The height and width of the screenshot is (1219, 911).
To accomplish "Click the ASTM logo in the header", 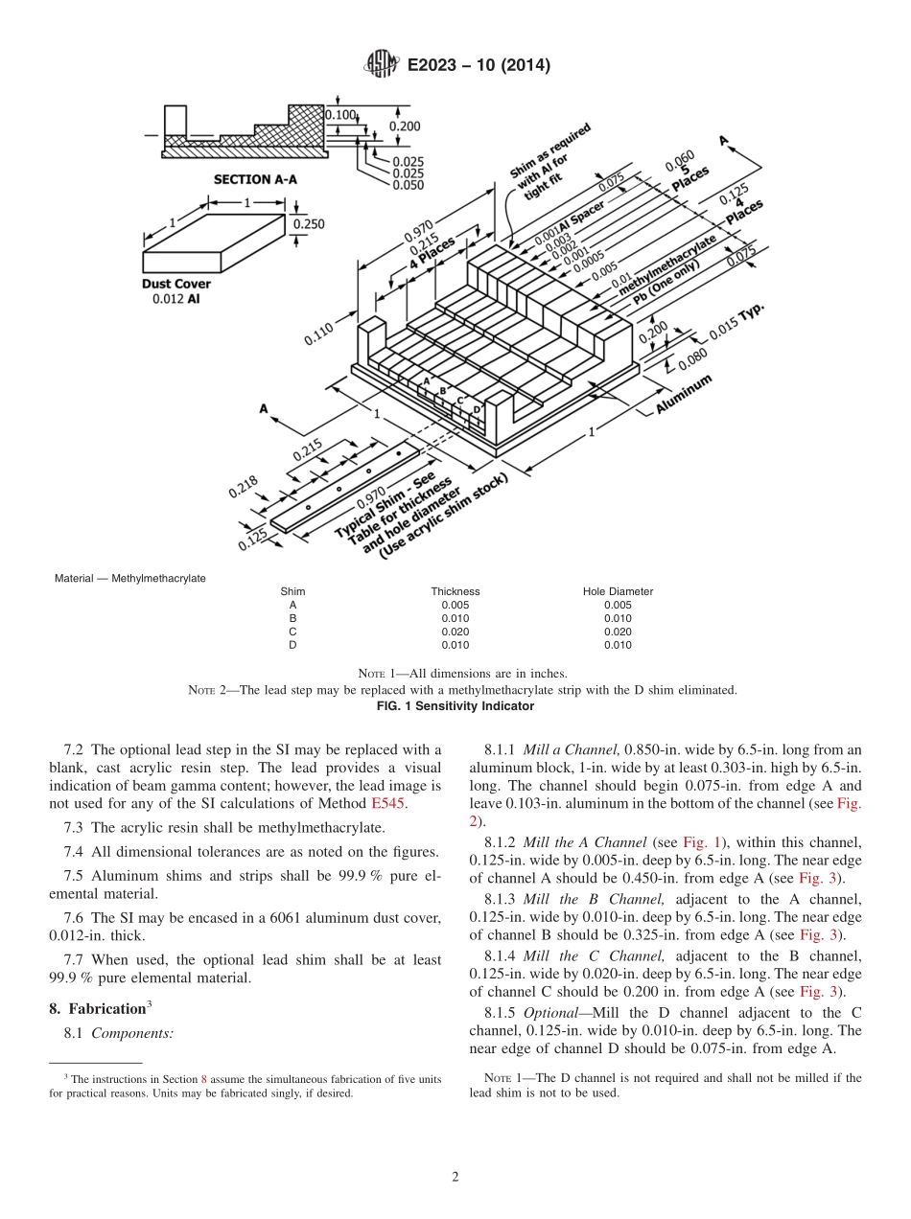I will [382, 65].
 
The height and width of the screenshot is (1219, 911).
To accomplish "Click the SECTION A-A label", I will [254, 179].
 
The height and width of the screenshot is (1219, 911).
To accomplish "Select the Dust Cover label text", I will [176, 284].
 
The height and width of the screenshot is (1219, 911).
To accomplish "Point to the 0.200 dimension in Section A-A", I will [405, 126].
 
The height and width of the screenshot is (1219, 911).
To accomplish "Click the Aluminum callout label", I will [685, 394].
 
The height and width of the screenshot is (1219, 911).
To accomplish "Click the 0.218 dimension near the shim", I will [243, 488].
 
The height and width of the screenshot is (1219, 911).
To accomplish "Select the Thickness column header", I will [455, 591].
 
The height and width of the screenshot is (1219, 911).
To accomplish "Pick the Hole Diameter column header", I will [618, 591].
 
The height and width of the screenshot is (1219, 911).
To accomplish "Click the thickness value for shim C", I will [455, 632].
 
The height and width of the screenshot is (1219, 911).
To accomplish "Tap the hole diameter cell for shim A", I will [618, 605].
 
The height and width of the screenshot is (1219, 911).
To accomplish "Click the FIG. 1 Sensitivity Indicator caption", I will [455, 706].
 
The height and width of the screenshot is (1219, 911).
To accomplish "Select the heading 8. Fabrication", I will [100, 1007].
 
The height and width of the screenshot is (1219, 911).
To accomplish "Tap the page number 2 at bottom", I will [455, 1178].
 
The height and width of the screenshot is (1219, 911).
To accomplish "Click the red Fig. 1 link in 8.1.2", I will [696, 841].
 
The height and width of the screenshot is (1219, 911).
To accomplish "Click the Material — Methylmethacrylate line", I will [130, 578].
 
